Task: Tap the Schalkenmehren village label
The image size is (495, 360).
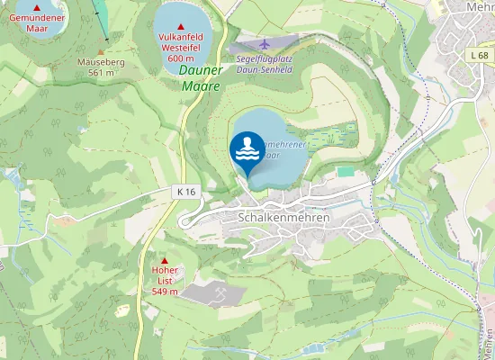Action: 284,218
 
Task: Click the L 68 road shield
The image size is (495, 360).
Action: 479,56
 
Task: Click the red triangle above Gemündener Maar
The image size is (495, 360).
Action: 37,7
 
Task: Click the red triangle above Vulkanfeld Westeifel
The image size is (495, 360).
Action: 182,26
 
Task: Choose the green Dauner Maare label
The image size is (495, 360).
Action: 200,77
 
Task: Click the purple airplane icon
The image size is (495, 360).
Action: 263,43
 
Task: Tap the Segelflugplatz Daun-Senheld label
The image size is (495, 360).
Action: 266,64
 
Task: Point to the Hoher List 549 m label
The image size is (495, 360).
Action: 165,281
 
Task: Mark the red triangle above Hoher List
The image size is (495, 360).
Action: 165,260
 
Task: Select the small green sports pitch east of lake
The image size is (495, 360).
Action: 345,170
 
